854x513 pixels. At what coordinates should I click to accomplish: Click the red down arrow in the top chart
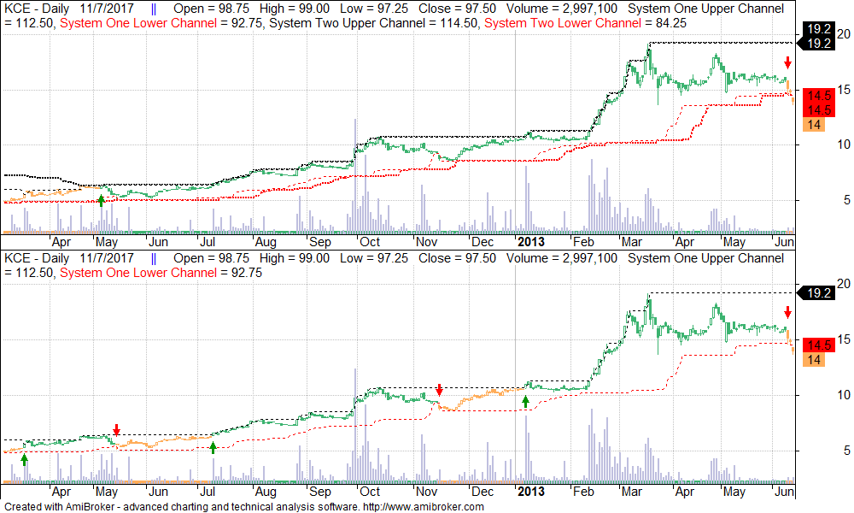[787, 62]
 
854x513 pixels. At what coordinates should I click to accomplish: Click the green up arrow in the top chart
[102, 200]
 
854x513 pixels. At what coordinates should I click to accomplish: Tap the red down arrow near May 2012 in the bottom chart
[117, 429]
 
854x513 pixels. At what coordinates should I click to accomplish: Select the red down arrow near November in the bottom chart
[439, 390]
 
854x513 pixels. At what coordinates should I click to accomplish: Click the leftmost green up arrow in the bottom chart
[24, 460]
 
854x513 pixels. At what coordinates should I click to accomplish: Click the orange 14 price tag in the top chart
[814, 125]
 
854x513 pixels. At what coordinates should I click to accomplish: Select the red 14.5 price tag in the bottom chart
[820, 345]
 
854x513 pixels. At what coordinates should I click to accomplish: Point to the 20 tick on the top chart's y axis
[844, 34]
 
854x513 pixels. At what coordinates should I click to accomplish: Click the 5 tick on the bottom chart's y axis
[844, 451]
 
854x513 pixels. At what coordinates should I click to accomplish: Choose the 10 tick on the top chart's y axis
[844, 144]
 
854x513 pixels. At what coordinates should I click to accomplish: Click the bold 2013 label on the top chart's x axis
[530, 241]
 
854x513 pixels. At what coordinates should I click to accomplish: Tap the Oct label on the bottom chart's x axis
[370, 492]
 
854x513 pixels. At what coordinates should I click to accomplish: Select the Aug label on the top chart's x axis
[265, 241]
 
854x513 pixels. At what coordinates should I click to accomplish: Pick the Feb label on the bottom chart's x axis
[583, 492]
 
